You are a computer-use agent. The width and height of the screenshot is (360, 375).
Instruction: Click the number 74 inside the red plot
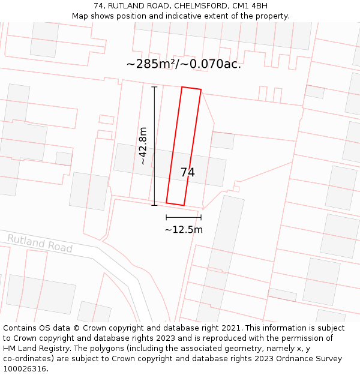click(x=187, y=173)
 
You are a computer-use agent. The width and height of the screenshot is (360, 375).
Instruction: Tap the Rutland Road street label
click(x=40, y=244)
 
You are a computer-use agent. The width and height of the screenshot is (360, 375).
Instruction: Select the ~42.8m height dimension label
click(x=143, y=146)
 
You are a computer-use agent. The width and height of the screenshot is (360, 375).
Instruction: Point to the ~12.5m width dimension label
click(x=184, y=229)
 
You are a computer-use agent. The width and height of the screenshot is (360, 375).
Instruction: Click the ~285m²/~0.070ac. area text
click(x=184, y=64)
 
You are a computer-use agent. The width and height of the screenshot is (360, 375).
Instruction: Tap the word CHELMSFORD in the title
click(x=202, y=6)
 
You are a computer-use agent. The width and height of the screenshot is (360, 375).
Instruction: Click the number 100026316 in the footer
click(x=26, y=369)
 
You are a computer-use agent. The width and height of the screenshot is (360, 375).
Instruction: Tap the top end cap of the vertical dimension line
click(x=154, y=87)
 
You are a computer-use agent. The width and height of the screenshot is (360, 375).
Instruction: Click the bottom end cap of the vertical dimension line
click(x=154, y=205)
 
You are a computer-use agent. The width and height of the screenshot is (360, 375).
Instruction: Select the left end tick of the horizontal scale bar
click(x=166, y=217)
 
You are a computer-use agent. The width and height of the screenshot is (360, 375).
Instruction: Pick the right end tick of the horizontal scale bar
click(x=201, y=217)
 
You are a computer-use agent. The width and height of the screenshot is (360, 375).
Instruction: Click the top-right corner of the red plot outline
click(x=200, y=90)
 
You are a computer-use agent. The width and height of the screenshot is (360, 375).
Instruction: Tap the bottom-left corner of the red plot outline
click(x=167, y=203)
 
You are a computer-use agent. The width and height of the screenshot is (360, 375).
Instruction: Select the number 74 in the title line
click(x=98, y=6)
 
